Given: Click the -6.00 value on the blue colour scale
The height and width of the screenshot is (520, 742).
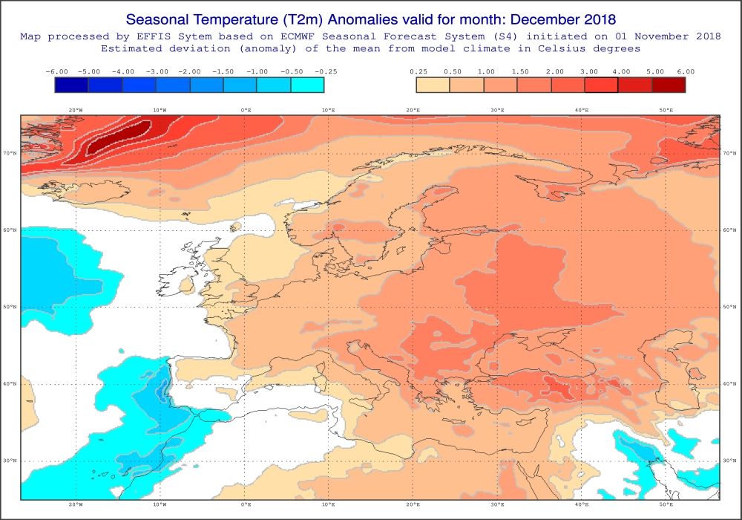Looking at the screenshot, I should pyautogui.click(x=56, y=71).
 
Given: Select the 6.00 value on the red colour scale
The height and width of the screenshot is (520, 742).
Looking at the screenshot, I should pyautogui.click(x=685, y=71).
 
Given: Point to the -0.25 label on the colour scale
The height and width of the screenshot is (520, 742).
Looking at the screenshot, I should pyautogui.click(x=325, y=71).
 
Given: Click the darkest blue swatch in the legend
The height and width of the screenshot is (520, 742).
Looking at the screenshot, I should pyautogui.click(x=72, y=85).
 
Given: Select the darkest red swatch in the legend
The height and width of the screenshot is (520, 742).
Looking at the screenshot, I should pyautogui.click(x=669, y=85).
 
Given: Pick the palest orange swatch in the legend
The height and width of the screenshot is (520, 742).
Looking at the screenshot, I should pyautogui.click(x=433, y=85).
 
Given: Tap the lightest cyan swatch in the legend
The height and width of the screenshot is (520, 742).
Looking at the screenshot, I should pyautogui.click(x=308, y=85).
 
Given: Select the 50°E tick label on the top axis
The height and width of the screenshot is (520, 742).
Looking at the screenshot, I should pyautogui.click(x=666, y=110).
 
